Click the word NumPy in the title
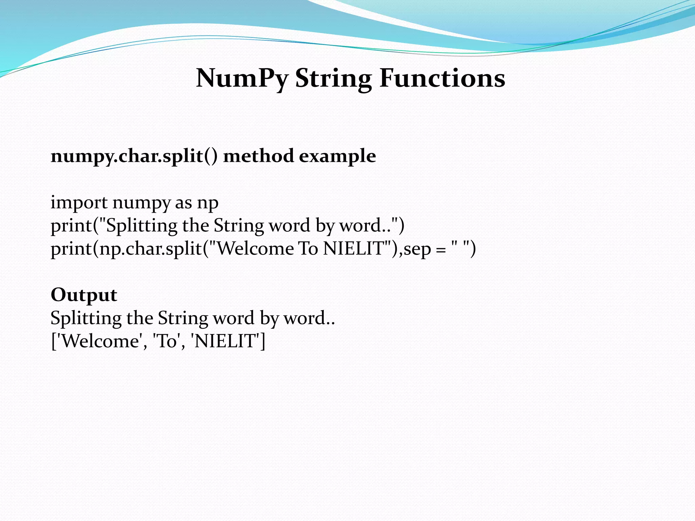coord(242,78)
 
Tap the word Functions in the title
coord(442,78)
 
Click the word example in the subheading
coord(337,157)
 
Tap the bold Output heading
coord(84,295)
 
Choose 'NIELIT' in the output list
coord(226,341)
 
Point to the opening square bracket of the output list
coord(53,341)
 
